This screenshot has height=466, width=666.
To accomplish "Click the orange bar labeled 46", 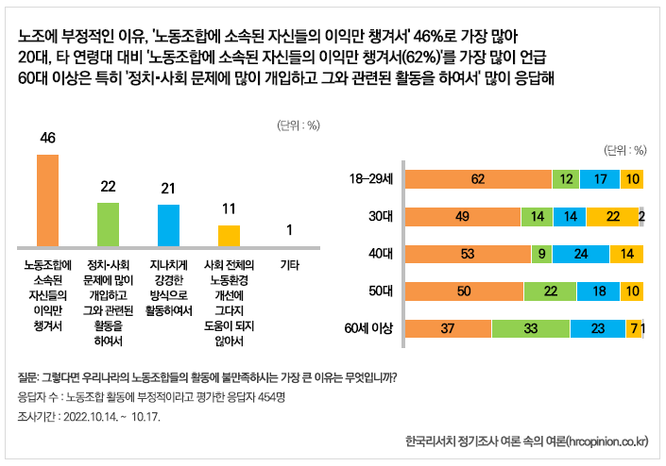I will click(47, 198).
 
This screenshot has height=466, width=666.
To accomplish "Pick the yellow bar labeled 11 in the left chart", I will click(229, 235).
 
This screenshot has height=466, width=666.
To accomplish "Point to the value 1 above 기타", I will click(289, 230).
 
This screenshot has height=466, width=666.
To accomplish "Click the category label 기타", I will click(289, 265).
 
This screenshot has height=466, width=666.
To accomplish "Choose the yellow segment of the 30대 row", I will click(612, 216).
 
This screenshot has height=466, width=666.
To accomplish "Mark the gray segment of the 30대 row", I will click(641, 216).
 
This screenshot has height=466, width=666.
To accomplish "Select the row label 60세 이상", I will click(370, 328).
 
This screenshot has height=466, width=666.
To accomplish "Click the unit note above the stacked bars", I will click(624, 150).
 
